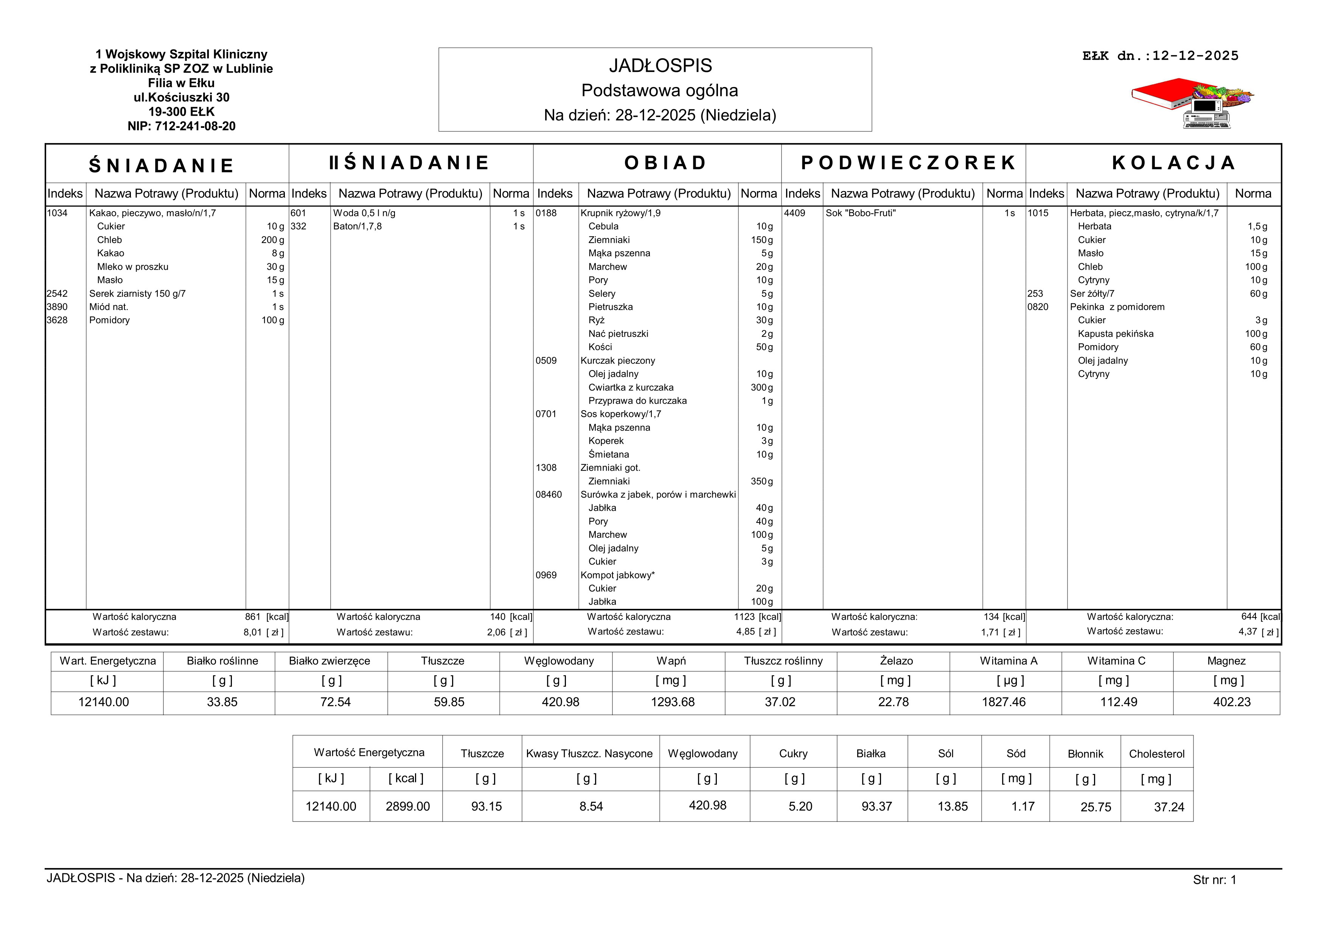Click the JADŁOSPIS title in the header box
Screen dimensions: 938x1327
click(660, 66)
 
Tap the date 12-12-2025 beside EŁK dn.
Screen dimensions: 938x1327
click(1195, 56)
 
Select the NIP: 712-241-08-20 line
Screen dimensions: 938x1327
click(182, 126)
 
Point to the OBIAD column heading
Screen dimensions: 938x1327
click(665, 163)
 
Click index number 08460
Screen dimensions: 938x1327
click(549, 495)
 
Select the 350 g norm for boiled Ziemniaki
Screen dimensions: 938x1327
click(762, 481)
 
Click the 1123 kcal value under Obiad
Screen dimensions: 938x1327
click(744, 617)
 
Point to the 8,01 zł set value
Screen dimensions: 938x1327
click(253, 632)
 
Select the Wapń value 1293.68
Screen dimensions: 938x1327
click(672, 702)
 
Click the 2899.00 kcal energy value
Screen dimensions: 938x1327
click(407, 807)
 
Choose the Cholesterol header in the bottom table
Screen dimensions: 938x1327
click(1156, 754)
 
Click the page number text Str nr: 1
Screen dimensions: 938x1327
click(1214, 880)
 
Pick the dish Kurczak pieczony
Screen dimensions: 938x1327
click(617, 361)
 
